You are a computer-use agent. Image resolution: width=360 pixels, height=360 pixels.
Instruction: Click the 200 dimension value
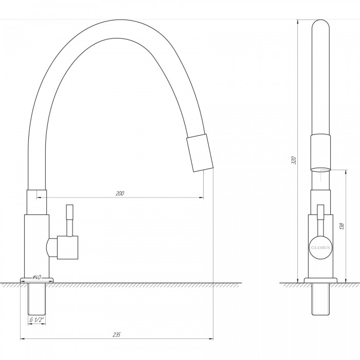click(120, 193)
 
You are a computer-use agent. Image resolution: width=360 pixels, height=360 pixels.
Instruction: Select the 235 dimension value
click(117, 334)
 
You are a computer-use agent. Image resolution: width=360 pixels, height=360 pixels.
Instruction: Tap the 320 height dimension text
click(294, 160)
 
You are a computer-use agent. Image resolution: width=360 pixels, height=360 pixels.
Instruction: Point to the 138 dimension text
click(342, 226)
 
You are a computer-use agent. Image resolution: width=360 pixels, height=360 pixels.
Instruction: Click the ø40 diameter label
click(37, 277)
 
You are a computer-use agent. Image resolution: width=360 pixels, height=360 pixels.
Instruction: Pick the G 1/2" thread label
click(37, 320)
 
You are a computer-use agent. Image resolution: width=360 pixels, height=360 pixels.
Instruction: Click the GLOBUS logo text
click(320, 248)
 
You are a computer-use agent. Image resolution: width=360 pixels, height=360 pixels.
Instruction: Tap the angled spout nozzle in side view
click(200, 153)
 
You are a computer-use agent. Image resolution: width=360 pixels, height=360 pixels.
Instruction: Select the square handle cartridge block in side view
click(67, 247)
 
